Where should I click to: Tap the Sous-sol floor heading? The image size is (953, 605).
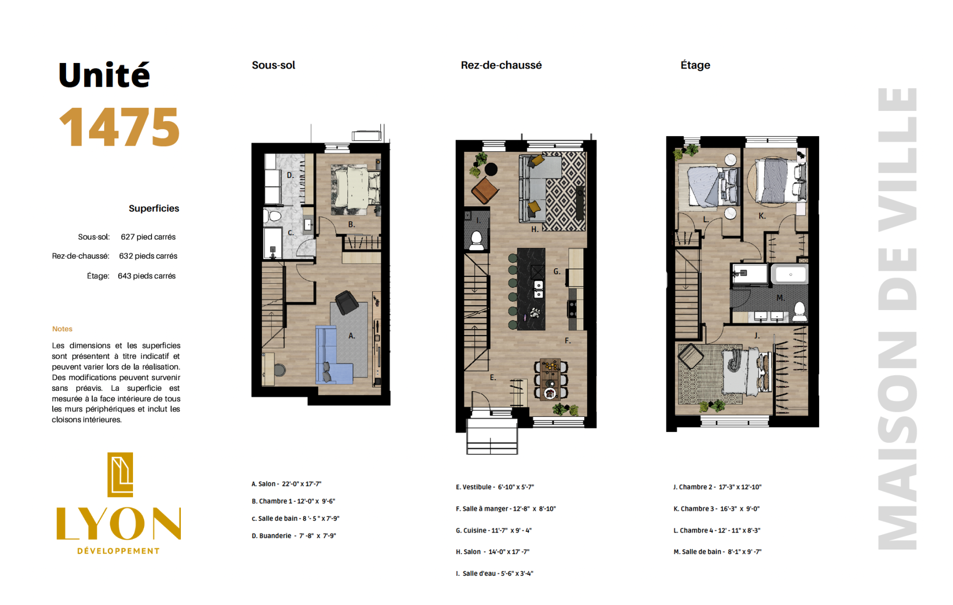tap(274, 65)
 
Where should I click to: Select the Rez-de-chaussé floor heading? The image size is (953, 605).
tap(501, 65)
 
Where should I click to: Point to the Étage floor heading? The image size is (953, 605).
tap(695, 65)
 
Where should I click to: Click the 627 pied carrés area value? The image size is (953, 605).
tap(148, 237)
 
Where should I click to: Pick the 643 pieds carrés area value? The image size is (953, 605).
tap(147, 276)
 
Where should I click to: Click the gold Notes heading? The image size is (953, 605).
tap(62, 329)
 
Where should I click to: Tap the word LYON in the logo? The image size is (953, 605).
tap(119, 523)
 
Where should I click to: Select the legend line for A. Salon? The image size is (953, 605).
tap(286, 484)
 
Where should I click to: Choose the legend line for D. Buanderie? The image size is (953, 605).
tap(294, 536)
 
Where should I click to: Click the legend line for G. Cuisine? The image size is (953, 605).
tap(494, 530)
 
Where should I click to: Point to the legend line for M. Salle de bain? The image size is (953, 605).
tap(717, 552)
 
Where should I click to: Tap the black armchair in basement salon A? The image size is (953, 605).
tap(347, 302)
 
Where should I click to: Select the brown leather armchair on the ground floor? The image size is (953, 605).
tap(485, 190)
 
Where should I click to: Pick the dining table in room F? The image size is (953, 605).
tap(550, 379)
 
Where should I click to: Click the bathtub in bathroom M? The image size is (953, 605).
tap(790, 274)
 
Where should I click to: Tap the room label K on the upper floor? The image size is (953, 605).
tap(762, 216)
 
